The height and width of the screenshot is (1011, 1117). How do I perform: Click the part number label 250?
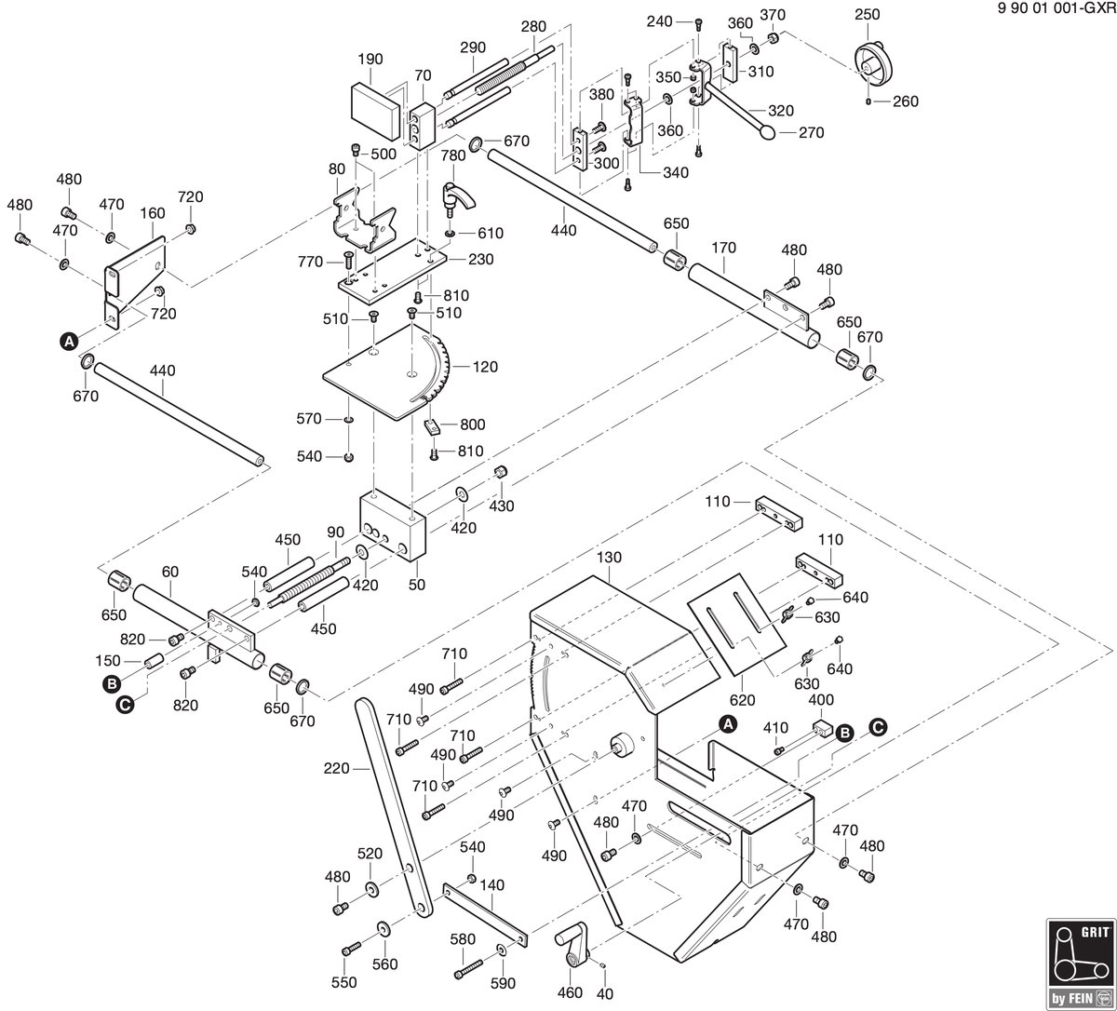867,15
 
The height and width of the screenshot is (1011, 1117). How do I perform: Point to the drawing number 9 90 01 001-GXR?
1056,9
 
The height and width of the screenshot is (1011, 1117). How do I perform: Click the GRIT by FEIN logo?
1081,964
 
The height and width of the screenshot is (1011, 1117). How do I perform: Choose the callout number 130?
609,557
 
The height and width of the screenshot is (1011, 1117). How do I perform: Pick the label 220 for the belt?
336,768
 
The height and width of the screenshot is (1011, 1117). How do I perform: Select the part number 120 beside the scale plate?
485,367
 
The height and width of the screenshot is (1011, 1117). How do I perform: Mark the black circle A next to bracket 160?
69,341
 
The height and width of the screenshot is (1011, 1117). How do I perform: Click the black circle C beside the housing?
878,727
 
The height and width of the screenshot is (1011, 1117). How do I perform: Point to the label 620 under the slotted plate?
742,700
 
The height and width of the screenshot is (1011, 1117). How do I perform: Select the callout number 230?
480,259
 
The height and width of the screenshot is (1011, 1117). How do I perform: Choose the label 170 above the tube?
723,248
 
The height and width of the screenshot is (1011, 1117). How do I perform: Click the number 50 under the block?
416,585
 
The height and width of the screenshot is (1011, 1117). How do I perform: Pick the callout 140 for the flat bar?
491,884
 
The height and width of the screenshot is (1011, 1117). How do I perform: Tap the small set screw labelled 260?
868,101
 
